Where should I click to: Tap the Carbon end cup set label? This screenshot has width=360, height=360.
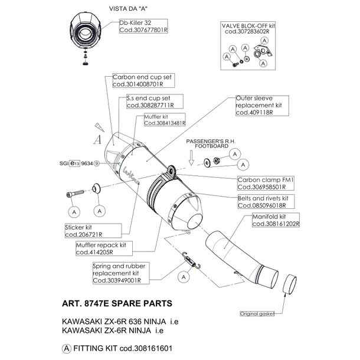click(134, 81)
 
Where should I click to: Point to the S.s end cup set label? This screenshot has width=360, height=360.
click(148, 101)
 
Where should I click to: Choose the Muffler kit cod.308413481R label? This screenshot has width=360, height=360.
click(164, 120)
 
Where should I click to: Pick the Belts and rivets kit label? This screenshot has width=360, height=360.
click(262, 201)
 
